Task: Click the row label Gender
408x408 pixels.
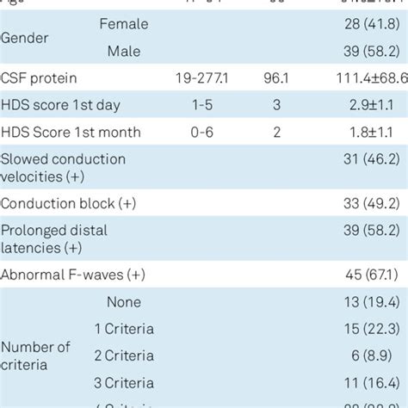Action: click(24, 39)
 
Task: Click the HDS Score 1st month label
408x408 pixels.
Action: click(71, 133)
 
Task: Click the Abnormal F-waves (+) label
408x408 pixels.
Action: click(74, 275)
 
